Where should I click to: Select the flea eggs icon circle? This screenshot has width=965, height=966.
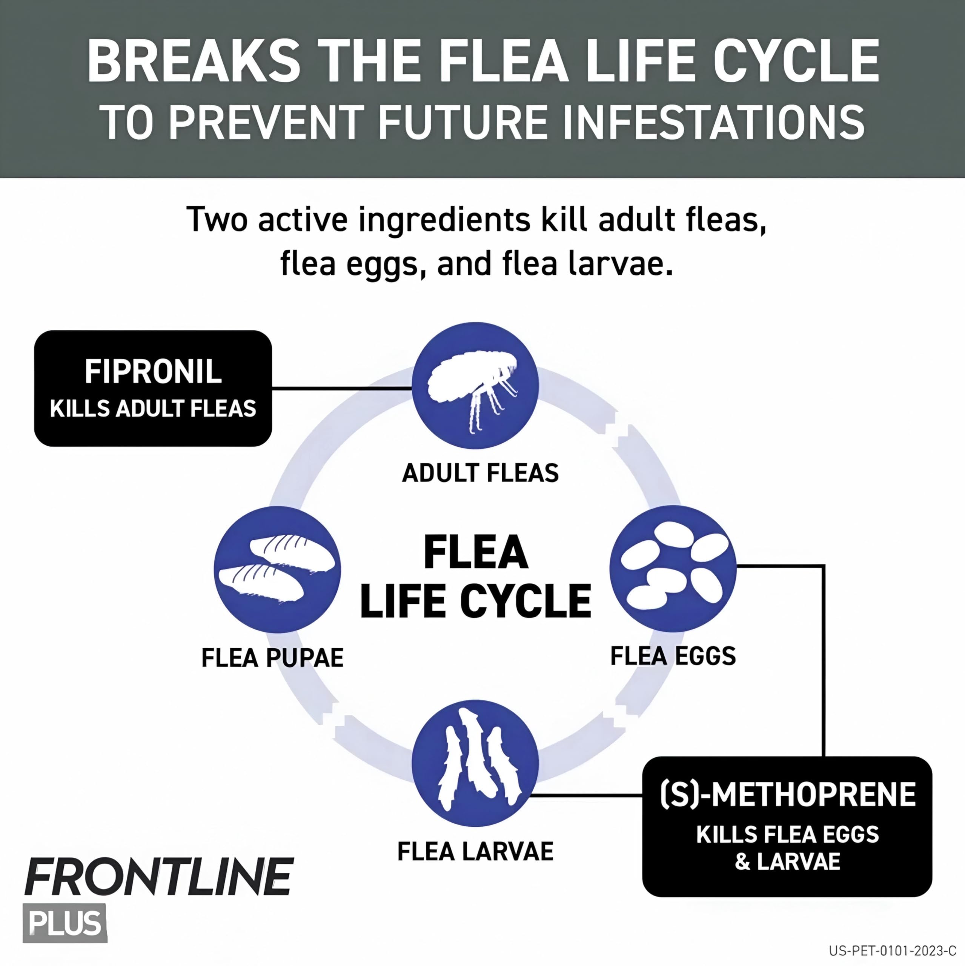coord(673,569)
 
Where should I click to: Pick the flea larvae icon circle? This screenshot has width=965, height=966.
coord(475,763)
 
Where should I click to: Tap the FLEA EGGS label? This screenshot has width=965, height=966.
coord(673,656)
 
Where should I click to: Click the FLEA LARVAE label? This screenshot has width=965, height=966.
coord(475,852)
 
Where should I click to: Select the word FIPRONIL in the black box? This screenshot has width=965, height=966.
coord(153,372)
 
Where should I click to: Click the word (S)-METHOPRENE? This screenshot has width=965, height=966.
coord(787,795)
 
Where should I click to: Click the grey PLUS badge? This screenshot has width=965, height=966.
coord(65,923)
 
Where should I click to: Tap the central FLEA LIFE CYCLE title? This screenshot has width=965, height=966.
coord(475,577)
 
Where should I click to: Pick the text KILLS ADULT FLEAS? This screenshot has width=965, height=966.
coord(153,409)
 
